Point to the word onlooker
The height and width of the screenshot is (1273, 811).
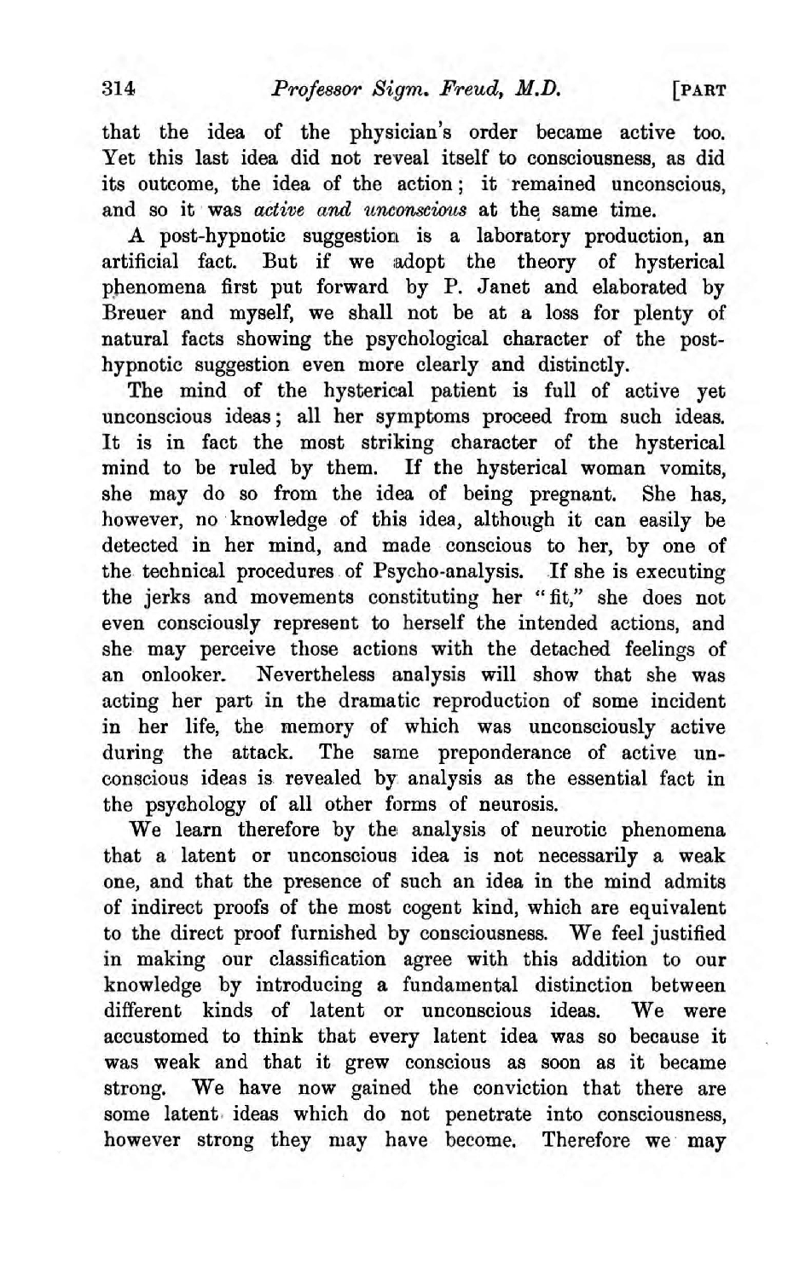(178, 674)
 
